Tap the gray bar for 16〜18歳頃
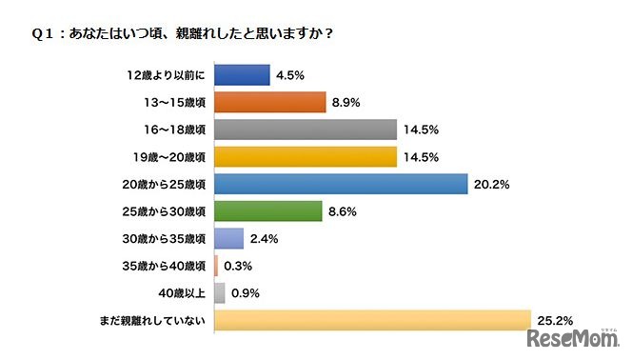coord(306,129)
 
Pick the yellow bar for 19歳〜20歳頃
coord(306,155)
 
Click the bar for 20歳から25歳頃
coord(342,183)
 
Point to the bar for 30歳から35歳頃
coord(229,238)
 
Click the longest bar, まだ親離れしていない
coord(372,320)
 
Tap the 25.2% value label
coord(554,320)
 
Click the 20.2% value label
coord(492,183)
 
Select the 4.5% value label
coord(289,73)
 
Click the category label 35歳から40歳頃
coord(167,266)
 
